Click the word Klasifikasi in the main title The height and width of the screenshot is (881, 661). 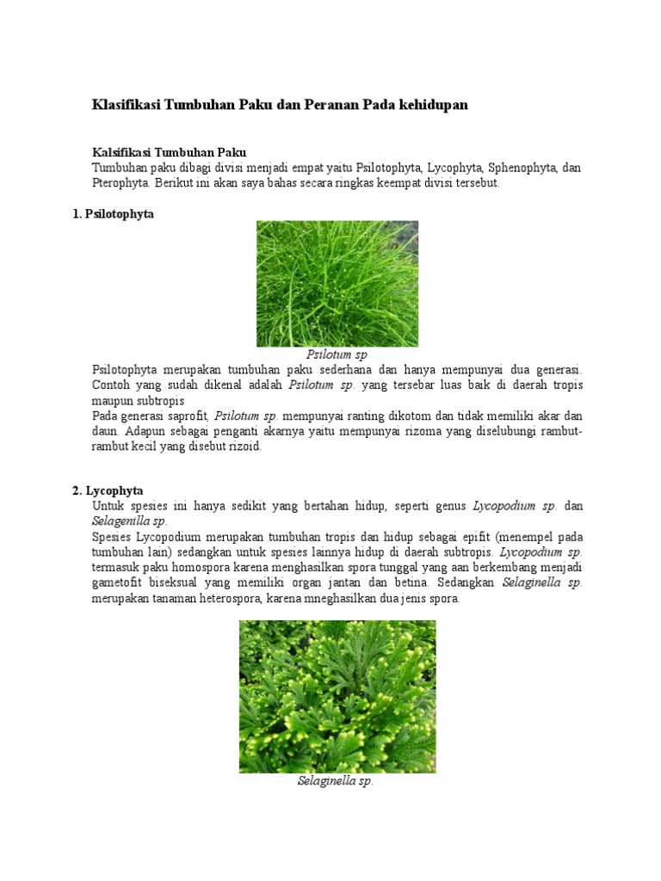pyautogui.click(x=126, y=105)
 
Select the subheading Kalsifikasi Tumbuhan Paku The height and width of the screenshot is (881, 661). pyautogui.click(x=169, y=152)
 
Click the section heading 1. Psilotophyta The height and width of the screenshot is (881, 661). pyautogui.click(x=113, y=214)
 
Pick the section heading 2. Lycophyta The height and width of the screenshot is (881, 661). pyautogui.click(x=108, y=490)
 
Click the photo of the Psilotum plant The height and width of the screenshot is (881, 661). pyautogui.click(x=337, y=284)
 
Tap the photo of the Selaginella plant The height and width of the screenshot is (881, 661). pyautogui.click(x=337, y=696)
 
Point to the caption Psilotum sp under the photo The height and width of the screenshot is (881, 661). pyautogui.click(x=337, y=354)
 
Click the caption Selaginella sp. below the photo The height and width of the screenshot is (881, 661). pyautogui.click(x=336, y=782)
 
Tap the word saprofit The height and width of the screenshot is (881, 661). pyautogui.click(x=186, y=416)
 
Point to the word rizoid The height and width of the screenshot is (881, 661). pyautogui.click(x=245, y=447)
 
